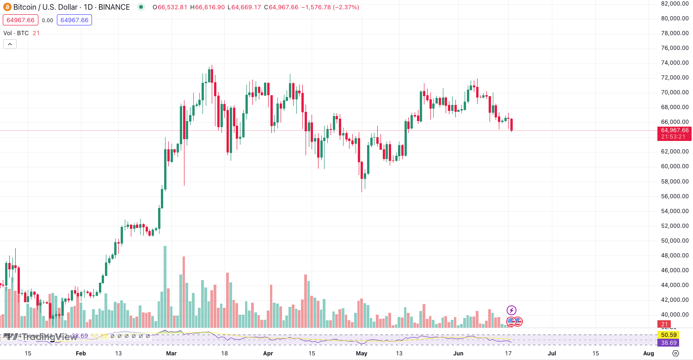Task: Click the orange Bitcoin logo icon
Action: click(x=6, y=7)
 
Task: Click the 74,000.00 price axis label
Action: click(x=675, y=63)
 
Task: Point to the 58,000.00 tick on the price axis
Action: click(x=675, y=181)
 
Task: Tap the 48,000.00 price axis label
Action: click(x=675, y=255)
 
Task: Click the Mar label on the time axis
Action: click(x=172, y=354)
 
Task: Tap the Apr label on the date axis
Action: click(x=268, y=354)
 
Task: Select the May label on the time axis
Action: click(x=362, y=354)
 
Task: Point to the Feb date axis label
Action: click(x=81, y=354)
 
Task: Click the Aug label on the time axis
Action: click(x=649, y=354)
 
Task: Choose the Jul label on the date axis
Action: click(x=552, y=354)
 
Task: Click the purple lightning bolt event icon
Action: click(x=511, y=310)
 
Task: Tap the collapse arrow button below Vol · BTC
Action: click(x=10, y=44)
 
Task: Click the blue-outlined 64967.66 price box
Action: click(x=74, y=20)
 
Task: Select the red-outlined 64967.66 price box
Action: click(x=20, y=20)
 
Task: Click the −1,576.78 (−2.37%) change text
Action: click(x=330, y=7)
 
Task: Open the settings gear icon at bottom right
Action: click(x=675, y=354)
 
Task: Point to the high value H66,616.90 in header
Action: click(x=207, y=7)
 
